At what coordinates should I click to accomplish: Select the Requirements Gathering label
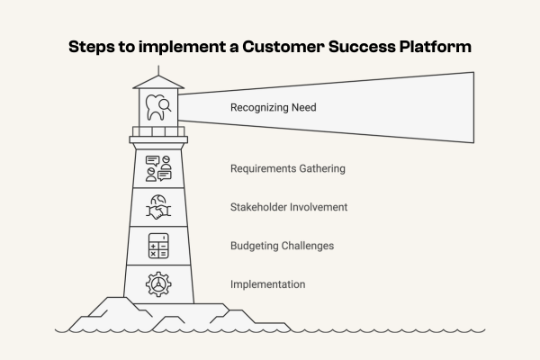click(287, 168)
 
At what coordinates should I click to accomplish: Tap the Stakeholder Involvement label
click(289, 207)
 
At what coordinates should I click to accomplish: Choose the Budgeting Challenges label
click(283, 246)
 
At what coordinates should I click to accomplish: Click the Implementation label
click(267, 284)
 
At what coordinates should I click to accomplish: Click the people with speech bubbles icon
click(158, 168)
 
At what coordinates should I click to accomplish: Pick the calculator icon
click(158, 246)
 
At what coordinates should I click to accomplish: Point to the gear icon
click(158, 284)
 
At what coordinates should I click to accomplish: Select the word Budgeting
click(255, 246)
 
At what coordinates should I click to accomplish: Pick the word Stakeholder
click(260, 207)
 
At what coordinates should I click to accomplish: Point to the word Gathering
click(321, 168)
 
